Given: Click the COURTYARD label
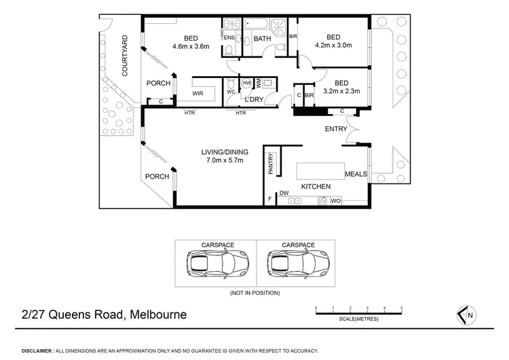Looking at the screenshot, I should (x=125, y=55).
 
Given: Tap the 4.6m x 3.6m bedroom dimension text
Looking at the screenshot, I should (x=191, y=47).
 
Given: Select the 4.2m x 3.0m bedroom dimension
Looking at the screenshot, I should (x=333, y=47).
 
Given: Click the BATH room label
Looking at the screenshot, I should (x=263, y=39).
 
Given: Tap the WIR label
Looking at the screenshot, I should (x=198, y=92).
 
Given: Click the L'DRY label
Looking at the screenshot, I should (x=254, y=100).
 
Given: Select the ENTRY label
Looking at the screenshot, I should (x=336, y=129).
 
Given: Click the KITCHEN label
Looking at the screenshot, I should (x=316, y=186).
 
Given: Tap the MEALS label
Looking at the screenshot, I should (x=356, y=174).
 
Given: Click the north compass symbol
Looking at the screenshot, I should (x=465, y=315).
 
